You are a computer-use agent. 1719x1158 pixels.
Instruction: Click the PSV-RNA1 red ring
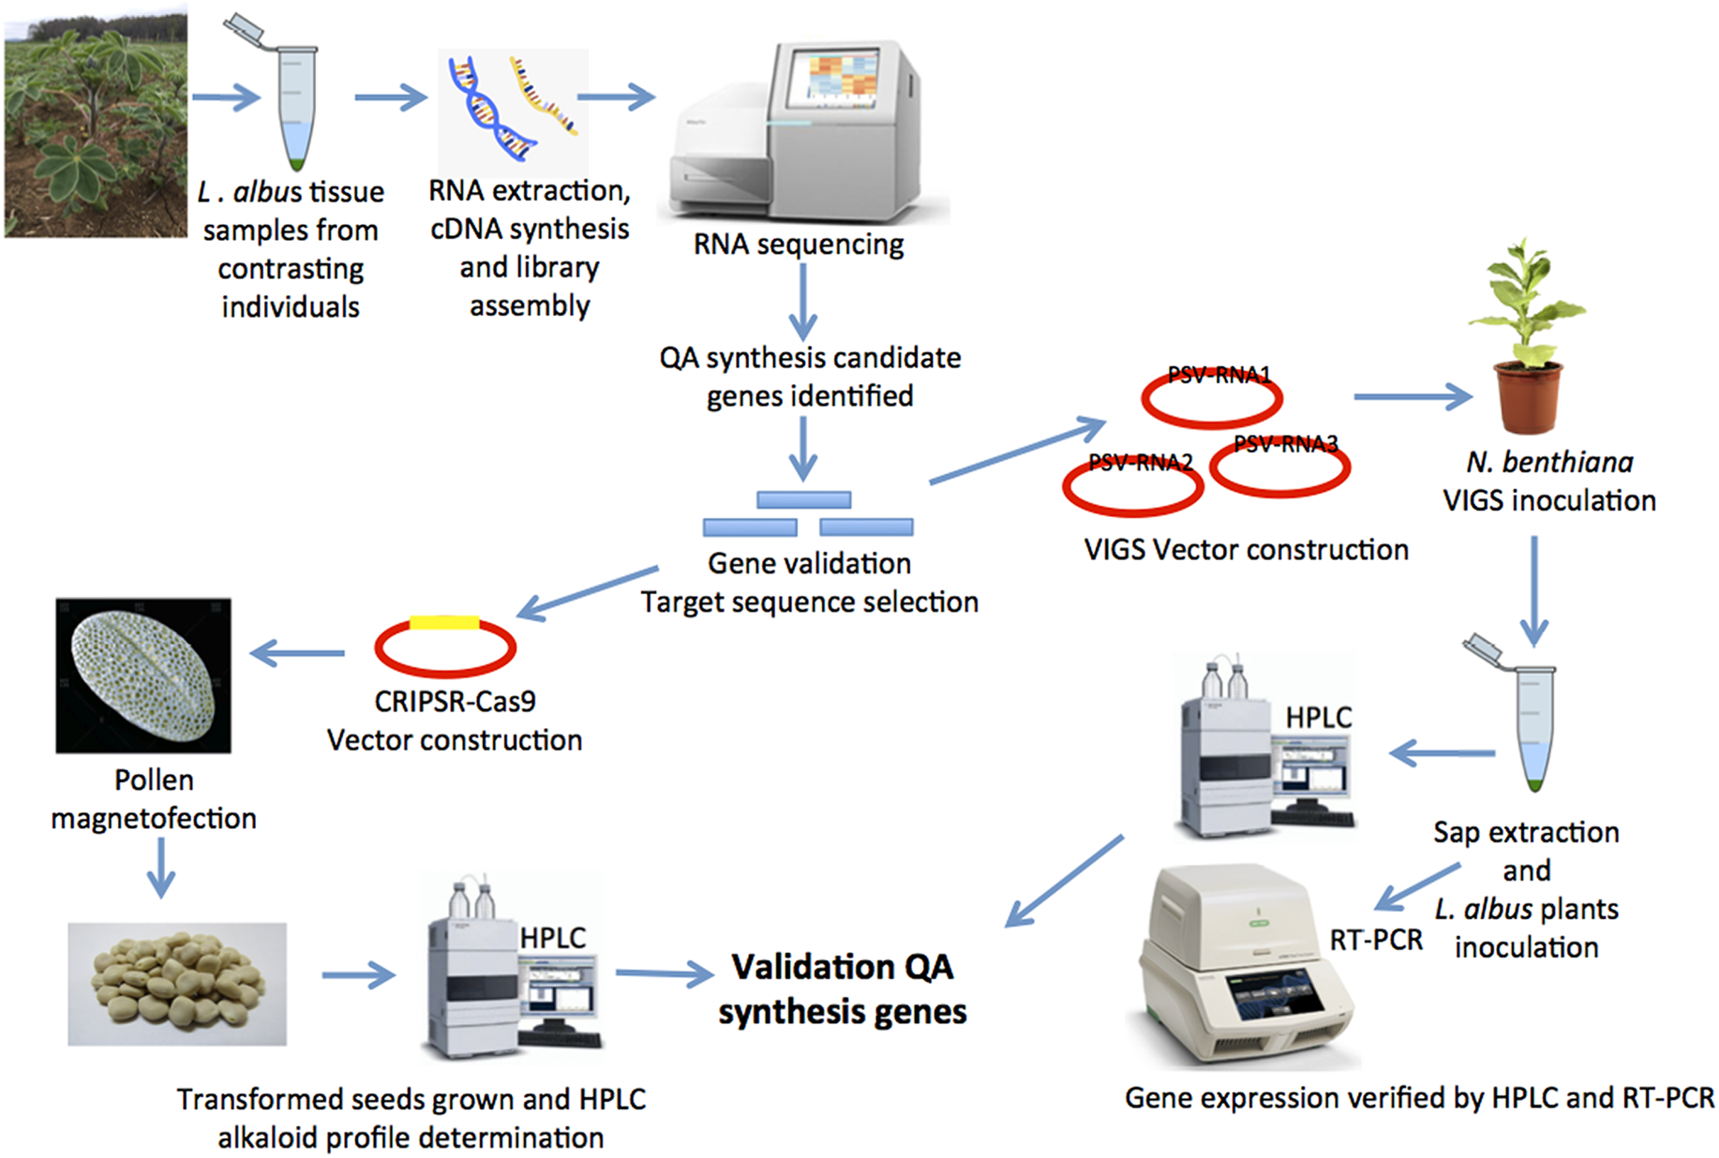point(1211,399)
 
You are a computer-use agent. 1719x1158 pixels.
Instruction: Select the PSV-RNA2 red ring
point(1132,488)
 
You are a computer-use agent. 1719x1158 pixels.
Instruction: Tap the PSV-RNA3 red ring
point(1279,468)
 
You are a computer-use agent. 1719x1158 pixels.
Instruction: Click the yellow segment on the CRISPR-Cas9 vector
point(444,622)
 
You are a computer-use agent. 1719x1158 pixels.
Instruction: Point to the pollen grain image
point(143,675)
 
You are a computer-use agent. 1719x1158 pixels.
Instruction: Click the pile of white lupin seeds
point(177,984)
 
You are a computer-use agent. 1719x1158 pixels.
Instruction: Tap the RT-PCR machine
point(1242,965)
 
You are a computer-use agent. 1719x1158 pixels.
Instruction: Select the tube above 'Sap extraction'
point(1532,721)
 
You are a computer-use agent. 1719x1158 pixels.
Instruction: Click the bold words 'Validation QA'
point(842,967)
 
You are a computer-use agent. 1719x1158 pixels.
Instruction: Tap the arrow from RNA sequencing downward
point(802,301)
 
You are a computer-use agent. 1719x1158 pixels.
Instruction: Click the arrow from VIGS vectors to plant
point(1412,397)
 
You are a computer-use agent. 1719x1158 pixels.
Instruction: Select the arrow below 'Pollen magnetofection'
point(161,867)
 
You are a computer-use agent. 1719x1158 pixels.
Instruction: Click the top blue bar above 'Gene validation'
point(803,500)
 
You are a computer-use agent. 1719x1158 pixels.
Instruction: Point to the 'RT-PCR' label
point(1375,940)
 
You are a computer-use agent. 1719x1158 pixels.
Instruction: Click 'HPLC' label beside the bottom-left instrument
point(552,938)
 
